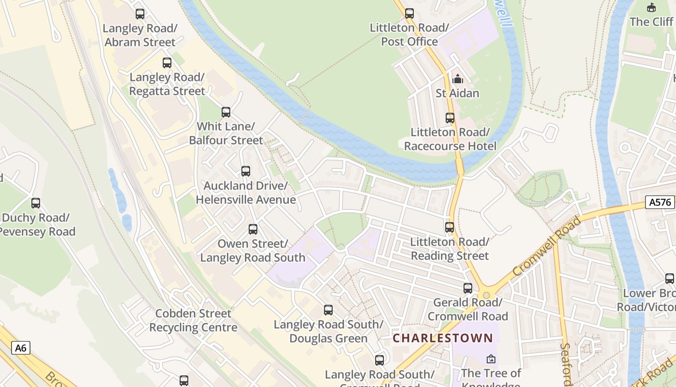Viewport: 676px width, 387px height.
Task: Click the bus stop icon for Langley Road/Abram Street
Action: (x=140, y=14)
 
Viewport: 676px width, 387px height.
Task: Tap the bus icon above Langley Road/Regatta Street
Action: (x=167, y=63)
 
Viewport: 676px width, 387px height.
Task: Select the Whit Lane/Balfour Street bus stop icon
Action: (x=226, y=112)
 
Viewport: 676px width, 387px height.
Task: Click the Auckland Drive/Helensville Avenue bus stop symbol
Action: (x=246, y=171)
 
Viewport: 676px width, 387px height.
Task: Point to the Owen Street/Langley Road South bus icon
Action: (x=253, y=229)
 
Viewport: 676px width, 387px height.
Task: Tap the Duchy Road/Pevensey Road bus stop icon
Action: (x=36, y=203)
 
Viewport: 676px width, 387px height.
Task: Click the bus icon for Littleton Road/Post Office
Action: (x=409, y=14)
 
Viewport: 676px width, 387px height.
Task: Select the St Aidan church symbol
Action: (x=457, y=79)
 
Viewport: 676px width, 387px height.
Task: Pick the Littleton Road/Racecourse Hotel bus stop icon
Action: (x=450, y=118)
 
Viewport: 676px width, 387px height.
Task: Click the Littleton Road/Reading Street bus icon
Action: (x=450, y=227)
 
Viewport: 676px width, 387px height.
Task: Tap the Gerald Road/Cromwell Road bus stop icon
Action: (x=468, y=288)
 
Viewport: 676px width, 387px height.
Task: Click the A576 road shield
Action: (x=660, y=202)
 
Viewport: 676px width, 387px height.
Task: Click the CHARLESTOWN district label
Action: (x=443, y=338)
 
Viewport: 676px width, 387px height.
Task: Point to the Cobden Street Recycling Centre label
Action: (x=193, y=320)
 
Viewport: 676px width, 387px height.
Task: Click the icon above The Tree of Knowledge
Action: (x=491, y=359)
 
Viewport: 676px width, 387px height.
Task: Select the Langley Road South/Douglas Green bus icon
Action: (x=328, y=310)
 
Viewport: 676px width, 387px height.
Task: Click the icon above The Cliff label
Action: (x=651, y=7)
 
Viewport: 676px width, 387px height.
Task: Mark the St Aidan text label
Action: (x=457, y=93)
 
